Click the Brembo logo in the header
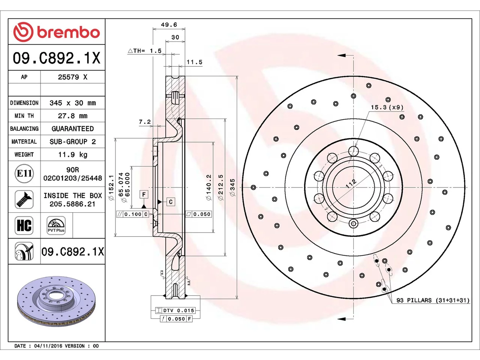[x=57, y=32]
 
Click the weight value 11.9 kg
[x=73, y=155]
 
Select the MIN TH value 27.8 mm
[x=73, y=116]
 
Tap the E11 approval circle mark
[x=24, y=174]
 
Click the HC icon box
[x=24, y=226]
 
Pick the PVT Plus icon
[x=56, y=226]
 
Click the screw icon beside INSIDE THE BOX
[x=24, y=199]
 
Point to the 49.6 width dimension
[x=169, y=25]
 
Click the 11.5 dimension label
[x=194, y=62]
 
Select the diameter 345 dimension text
[x=232, y=187]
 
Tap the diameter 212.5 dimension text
[x=220, y=187]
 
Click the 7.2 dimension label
[x=145, y=122]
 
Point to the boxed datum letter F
[x=144, y=194]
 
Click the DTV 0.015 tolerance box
[x=175, y=310]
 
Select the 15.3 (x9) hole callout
[x=387, y=107]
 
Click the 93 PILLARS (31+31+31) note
[x=433, y=300]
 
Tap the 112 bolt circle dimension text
[x=351, y=184]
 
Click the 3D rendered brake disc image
[x=56, y=301]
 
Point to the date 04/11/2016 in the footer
[x=48, y=346]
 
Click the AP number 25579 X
[x=73, y=77]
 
